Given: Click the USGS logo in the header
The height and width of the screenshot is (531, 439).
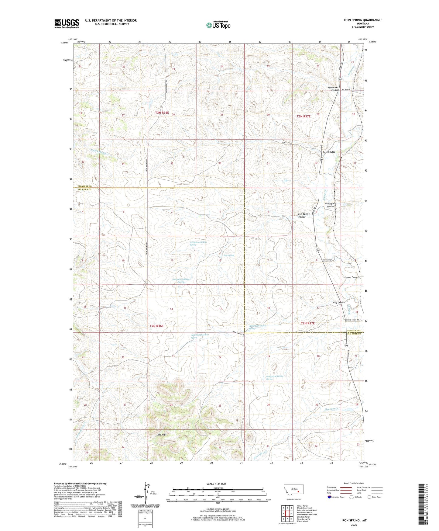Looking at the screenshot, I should [x=67, y=23].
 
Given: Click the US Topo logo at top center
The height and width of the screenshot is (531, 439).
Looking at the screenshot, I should [x=218, y=25].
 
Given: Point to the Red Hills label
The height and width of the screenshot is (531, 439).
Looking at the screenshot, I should [x=162, y=435].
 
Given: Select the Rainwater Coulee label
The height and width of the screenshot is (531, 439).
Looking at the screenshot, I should [x=333, y=89].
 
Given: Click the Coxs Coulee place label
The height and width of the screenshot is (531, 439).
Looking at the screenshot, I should [x=329, y=152].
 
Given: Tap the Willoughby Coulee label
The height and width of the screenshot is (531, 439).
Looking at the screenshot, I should [x=330, y=205].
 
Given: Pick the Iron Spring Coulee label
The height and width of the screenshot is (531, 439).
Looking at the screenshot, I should [x=304, y=215].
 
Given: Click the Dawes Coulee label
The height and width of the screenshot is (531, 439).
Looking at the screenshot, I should [x=352, y=277].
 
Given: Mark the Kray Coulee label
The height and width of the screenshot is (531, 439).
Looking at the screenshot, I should [x=339, y=302].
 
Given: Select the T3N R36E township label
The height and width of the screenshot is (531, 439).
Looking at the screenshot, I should [x=162, y=113].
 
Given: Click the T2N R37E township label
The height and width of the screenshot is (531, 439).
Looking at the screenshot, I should [x=307, y=323].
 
